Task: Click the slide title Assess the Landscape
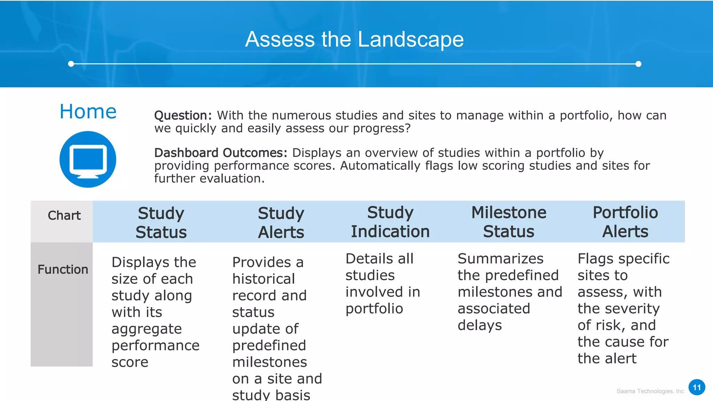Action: (x=354, y=39)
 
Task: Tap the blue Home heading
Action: (x=88, y=112)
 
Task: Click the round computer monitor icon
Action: (x=88, y=159)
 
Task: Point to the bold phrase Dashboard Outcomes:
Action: (x=221, y=153)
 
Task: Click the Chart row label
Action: (x=64, y=215)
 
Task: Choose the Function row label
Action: (x=63, y=269)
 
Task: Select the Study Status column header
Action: (x=161, y=222)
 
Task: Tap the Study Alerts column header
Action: (x=281, y=222)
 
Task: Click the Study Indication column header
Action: (x=390, y=222)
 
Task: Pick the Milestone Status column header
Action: (x=509, y=222)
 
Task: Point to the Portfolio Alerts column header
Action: (x=625, y=222)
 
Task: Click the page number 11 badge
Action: (x=697, y=387)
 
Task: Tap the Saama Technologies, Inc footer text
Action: (x=650, y=391)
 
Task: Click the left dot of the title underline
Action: (x=71, y=64)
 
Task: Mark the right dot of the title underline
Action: (x=638, y=64)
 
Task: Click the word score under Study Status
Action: (x=130, y=362)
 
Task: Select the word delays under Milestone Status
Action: (x=480, y=325)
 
